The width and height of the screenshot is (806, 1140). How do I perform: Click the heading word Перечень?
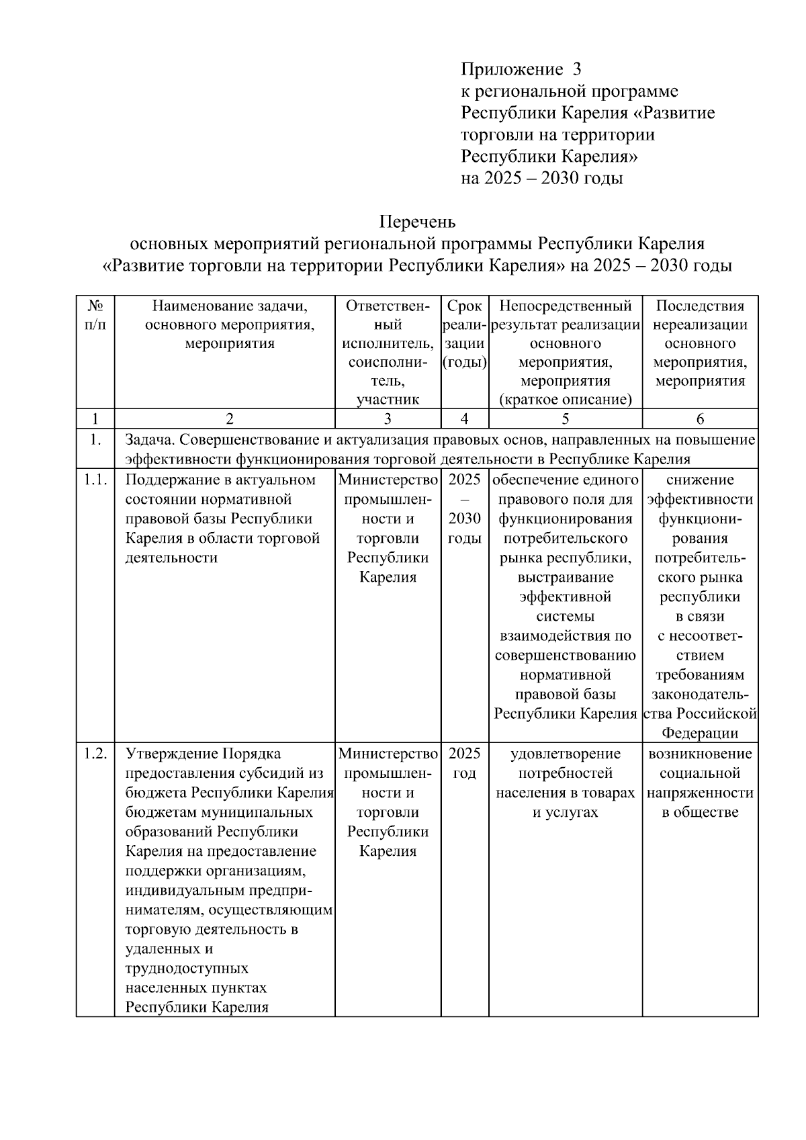(x=417, y=221)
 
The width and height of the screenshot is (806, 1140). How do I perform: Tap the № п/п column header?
(x=95, y=315)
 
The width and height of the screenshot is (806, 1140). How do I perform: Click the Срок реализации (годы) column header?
(x=465, y=335)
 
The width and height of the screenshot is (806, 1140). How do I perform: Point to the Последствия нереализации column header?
(x=700, y=343)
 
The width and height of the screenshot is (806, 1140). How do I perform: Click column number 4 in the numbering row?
(x=465, y=419)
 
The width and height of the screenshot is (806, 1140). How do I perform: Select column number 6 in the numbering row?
(x=700, y=419)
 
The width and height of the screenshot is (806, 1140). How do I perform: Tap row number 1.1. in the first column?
(x=95, y=480)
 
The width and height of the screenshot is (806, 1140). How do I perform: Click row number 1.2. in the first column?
(x=95, y=754)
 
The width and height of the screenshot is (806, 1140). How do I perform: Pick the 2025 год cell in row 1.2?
(x=465, y=763)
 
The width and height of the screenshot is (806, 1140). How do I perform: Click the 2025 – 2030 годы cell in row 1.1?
(x=465, y=509)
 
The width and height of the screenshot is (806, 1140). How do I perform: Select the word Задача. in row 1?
(x=149, y=440)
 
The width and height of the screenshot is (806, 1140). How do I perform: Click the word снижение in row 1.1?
(x=700, y=480)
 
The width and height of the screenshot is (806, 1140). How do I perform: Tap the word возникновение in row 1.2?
(x=700, y=754)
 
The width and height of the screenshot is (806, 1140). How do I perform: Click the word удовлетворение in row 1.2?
(x=566, y=754)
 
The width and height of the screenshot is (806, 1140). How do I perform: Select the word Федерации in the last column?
(x=700, y=733)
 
